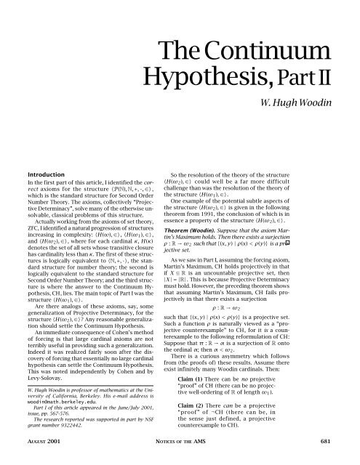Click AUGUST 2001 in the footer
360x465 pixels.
click(39, 456)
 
